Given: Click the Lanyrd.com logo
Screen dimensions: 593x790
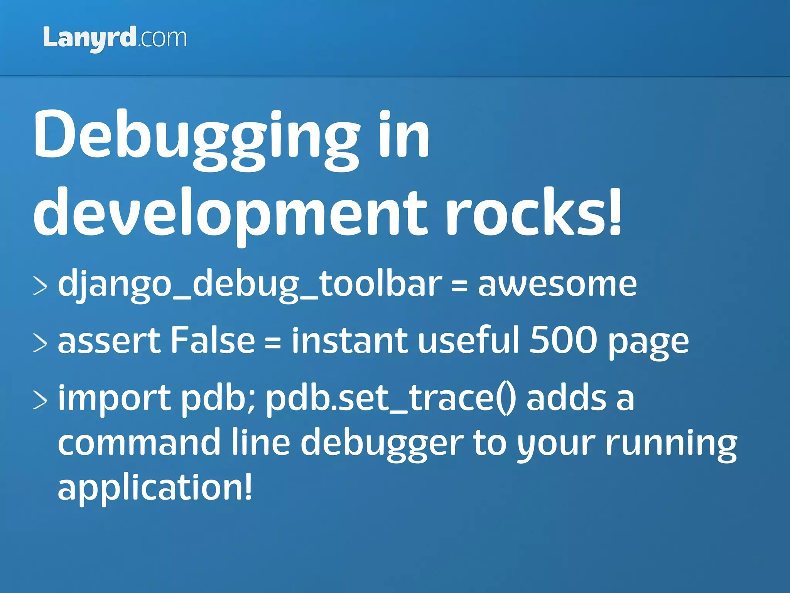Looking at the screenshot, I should tap(115, 38).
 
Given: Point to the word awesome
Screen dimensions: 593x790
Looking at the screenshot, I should tap(557, 285).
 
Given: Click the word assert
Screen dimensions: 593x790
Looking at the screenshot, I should tap(109, 341).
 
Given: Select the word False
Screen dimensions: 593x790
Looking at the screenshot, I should tap(213, 341).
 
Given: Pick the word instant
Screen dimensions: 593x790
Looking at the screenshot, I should tap(349, 341).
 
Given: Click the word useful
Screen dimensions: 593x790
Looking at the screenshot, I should tap(469, 341).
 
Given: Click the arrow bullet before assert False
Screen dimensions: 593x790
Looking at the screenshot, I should tap(40, 343).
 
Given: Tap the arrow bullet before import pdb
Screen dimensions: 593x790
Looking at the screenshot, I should tap(40, 400).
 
